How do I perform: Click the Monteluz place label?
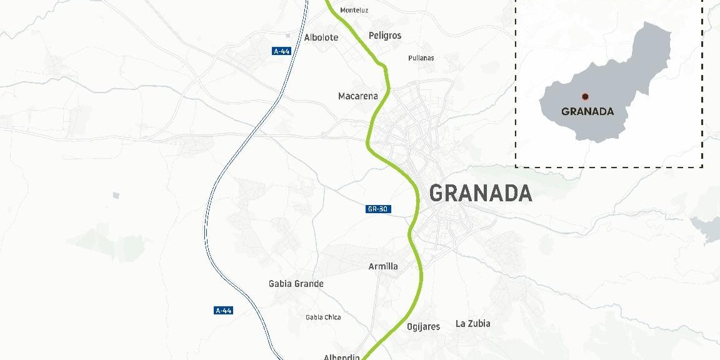[354, 10]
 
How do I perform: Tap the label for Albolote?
[321, 37]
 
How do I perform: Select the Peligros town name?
[385, 36]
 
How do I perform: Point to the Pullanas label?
[421, 58]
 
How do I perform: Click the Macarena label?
[357, 96]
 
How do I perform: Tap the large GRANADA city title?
[480, 194]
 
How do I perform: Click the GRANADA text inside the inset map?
[587, 112]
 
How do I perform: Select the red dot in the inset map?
[585, 96]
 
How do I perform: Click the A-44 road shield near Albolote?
[282, 51]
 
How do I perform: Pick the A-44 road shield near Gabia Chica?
[223, 311]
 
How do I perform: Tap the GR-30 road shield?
[378, 209]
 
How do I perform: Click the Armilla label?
[383, 266]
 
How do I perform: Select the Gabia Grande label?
[296, 284]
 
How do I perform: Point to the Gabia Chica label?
[323, 317]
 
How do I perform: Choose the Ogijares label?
[423, 327]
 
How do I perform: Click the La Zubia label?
[472, 323]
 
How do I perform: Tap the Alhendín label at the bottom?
[341, 357]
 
